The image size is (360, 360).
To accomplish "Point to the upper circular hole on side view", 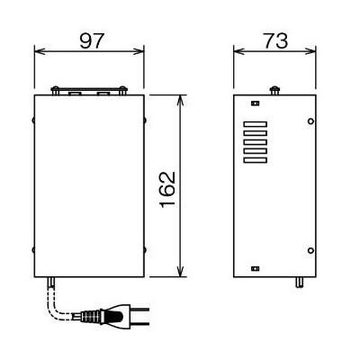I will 310,121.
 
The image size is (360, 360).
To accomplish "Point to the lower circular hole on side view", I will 310,249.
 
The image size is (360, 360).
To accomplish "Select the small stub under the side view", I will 298,282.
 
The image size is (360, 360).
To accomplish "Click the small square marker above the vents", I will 255,104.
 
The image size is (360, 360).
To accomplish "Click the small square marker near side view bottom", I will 255,267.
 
